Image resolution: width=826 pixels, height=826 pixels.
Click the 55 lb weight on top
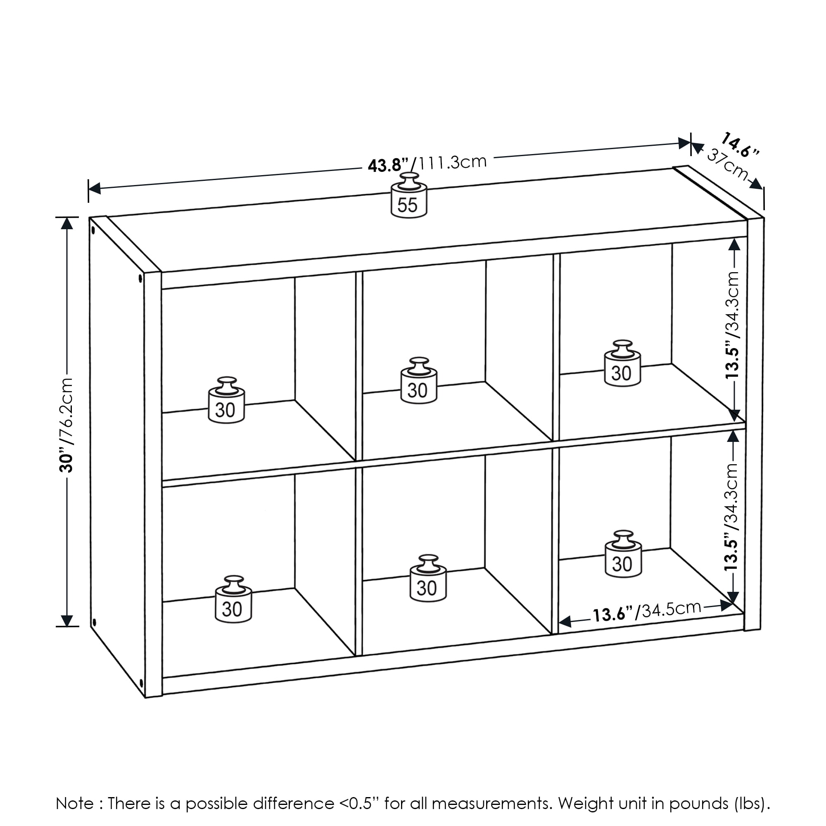tap(409, 197)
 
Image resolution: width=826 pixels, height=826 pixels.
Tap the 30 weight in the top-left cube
tap(226, 402)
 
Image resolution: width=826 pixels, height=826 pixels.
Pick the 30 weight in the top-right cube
tap(622, 365)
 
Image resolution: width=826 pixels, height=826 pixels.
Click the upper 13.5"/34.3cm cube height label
tap(732, 325)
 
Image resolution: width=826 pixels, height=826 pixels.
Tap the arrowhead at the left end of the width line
tap(94, 188)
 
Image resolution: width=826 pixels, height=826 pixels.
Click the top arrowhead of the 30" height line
tap(66, 223)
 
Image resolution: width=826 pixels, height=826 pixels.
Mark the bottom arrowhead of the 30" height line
tap(66, 620)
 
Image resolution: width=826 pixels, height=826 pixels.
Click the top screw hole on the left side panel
tap(93, 230)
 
